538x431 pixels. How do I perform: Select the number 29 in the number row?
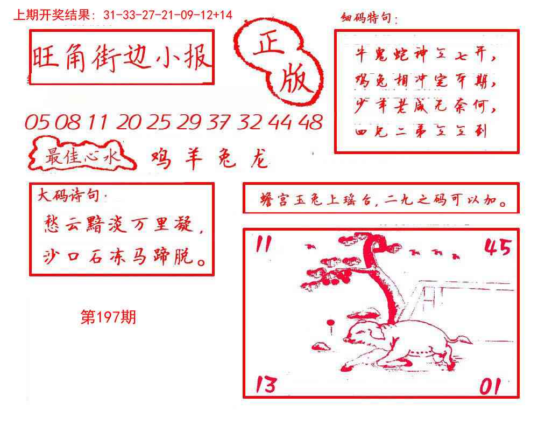[188, 123]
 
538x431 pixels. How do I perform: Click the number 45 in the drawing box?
[497, 247]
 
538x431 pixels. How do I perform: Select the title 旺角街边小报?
[121, 58]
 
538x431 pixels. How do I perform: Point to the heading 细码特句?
[369, 19]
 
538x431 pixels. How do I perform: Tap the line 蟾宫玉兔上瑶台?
[312, 203]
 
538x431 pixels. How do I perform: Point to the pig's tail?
[460, 339]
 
